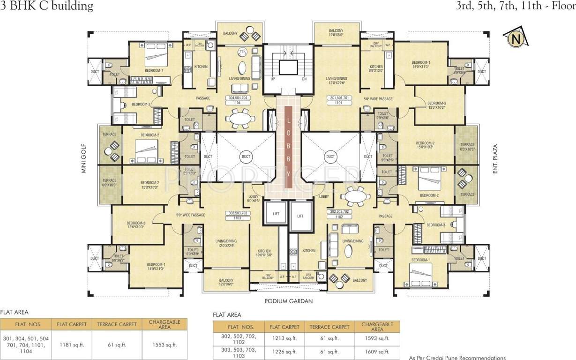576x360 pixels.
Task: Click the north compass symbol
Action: [516, 39]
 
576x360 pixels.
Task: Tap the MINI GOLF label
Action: [85, 158]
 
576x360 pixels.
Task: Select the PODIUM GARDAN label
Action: [288, 301]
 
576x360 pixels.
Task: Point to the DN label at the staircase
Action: [304, 79]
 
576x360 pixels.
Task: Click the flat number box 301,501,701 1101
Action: [340, 100]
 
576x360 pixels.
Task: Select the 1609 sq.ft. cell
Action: [377, 352]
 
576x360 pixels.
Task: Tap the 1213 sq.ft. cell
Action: [284, 338]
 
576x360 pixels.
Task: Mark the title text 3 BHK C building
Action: [47, 6]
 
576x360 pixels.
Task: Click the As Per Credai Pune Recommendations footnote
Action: [457, 357]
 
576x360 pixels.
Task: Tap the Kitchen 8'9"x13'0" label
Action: [376, 69]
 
